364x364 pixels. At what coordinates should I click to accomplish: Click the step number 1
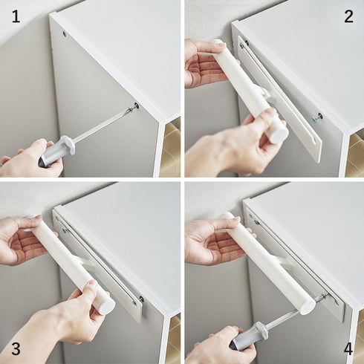16,17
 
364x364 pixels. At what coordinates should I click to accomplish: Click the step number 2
348,17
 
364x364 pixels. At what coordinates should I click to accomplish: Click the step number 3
16,349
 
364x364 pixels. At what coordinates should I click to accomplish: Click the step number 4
348,349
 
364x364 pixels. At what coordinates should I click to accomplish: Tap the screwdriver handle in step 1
56,151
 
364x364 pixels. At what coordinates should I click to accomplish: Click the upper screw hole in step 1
65,33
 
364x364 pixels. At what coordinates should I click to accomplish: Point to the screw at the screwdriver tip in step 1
133,108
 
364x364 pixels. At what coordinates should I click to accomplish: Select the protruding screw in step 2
316,117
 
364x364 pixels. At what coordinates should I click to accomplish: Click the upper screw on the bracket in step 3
65,231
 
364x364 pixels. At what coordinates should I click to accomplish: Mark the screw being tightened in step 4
323,296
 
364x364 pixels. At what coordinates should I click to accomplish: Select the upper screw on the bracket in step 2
241,45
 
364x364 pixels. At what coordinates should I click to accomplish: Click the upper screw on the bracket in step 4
256,222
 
